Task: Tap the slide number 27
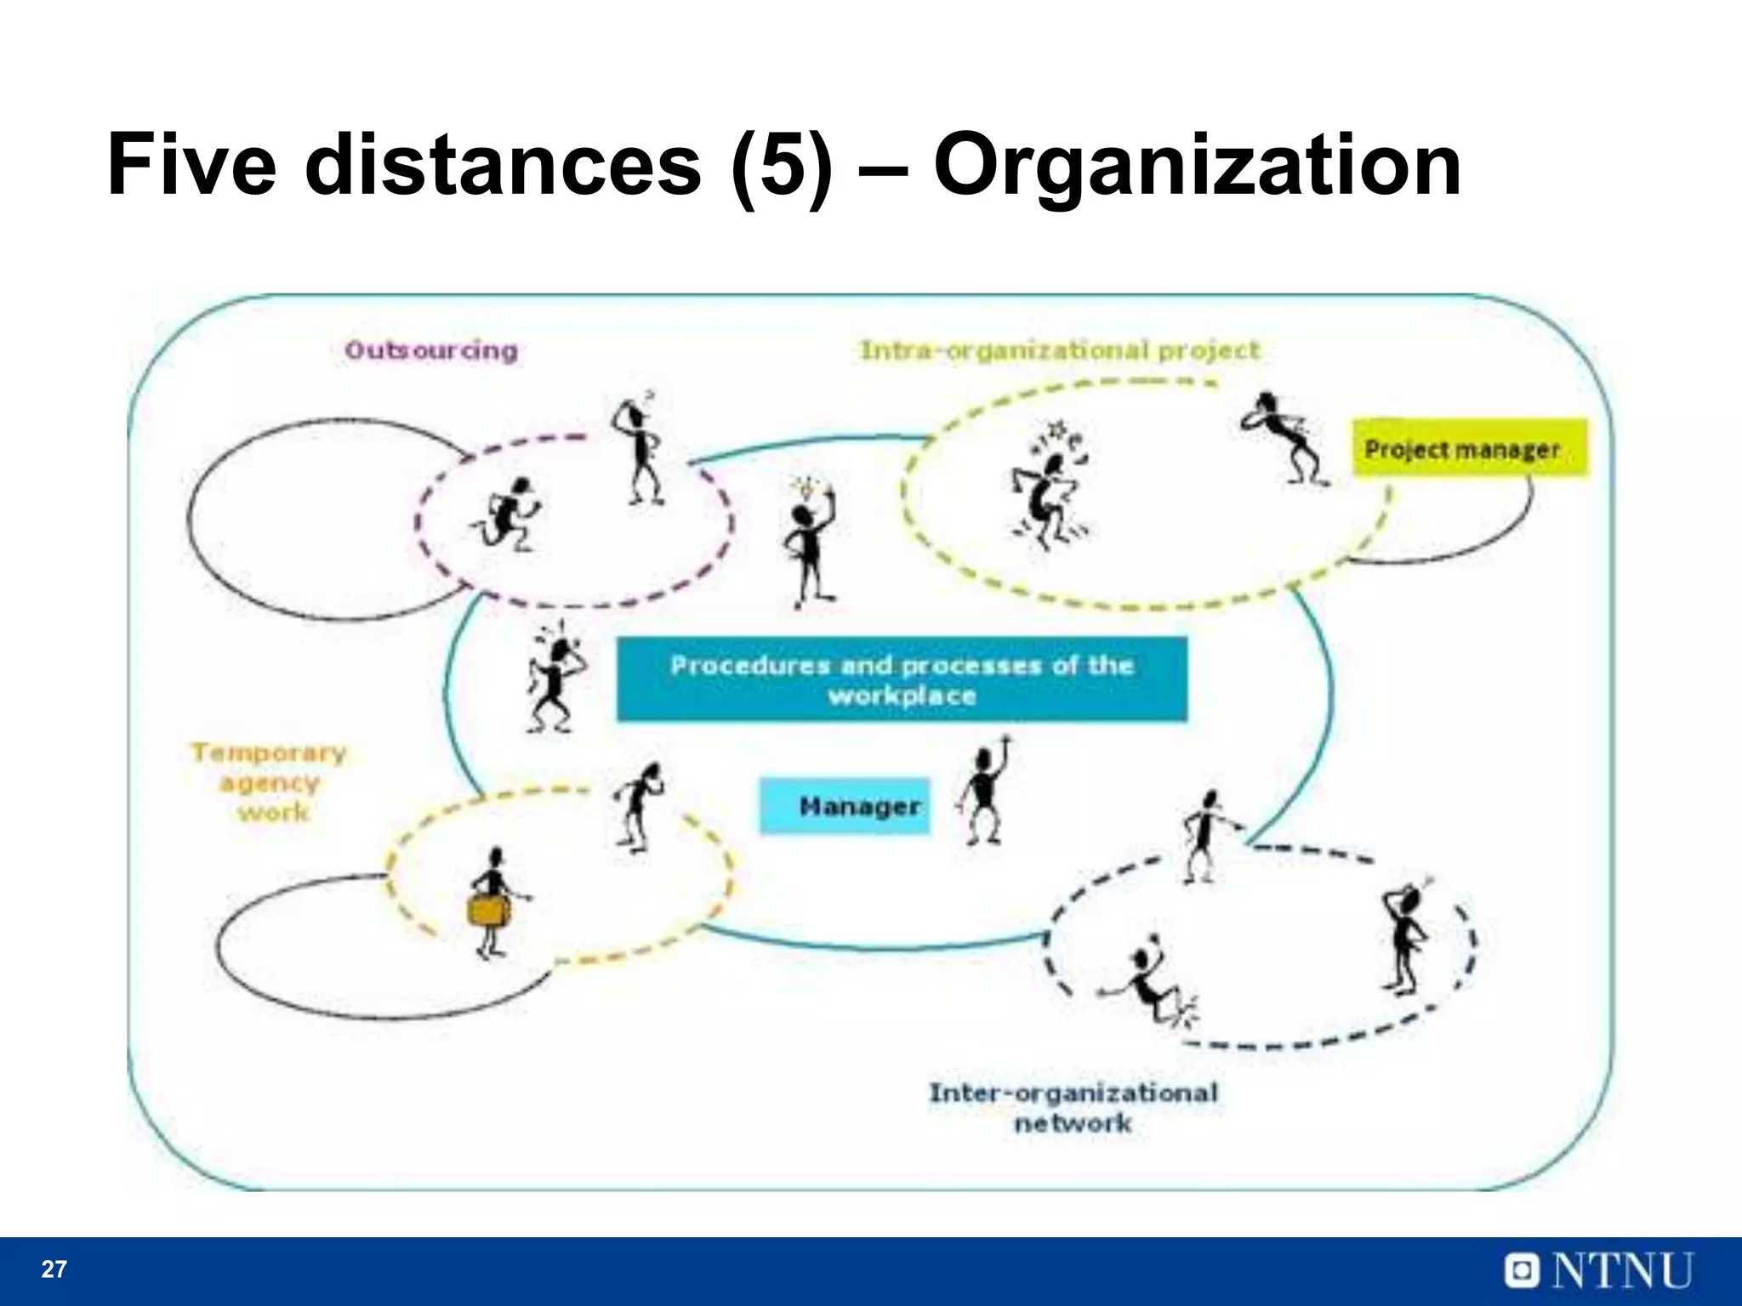click(54, 1269)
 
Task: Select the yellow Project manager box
click(1469, 448)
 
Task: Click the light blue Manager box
click(844, 805)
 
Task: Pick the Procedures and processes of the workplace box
click(902, 679)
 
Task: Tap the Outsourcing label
click(431, 350)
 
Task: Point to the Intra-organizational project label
click(1060, 350)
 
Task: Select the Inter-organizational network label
click(1073, 1107)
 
